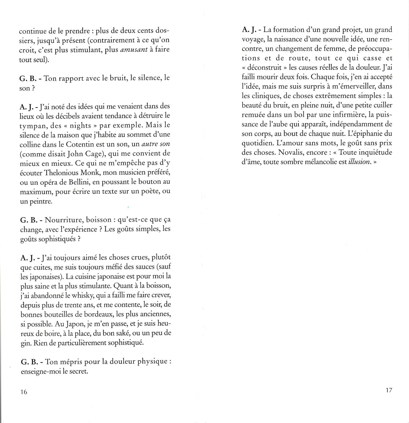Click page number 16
tap(24, 392)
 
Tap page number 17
tap(389, 390)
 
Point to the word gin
tap(26, 343)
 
